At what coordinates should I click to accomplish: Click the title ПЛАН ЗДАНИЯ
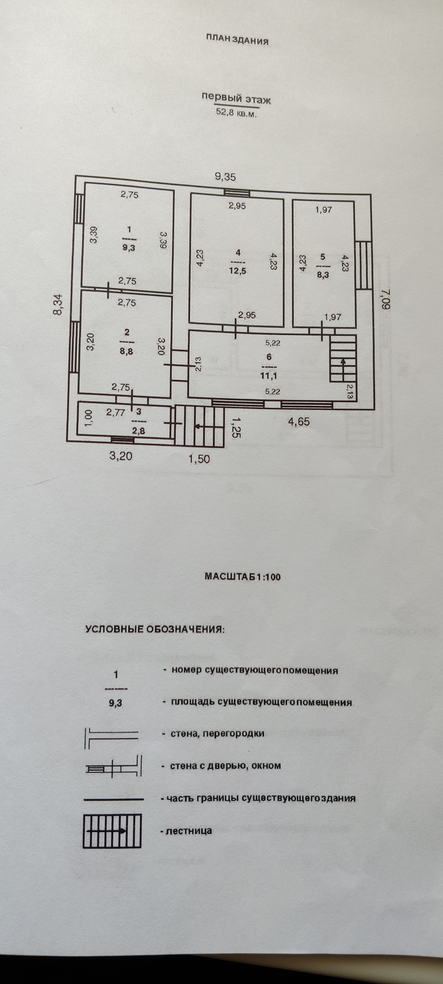237,40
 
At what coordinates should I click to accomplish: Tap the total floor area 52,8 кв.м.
236,112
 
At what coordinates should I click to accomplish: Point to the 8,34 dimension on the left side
59,305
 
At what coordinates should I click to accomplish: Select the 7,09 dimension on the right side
384,299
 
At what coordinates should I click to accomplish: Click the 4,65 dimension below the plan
299,421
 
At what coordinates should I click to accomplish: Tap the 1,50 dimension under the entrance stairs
199,459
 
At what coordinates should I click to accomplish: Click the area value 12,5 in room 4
237,271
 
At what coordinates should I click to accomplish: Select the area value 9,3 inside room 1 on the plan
129,248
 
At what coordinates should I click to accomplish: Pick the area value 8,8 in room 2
127,351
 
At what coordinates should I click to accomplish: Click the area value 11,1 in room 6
268,376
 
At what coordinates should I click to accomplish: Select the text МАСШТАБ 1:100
242,577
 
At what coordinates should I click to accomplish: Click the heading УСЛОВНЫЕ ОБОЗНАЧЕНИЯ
155,629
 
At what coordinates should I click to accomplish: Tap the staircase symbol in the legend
112,830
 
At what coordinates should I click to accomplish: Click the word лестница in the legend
189,830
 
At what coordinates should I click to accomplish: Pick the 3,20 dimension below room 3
121,456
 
